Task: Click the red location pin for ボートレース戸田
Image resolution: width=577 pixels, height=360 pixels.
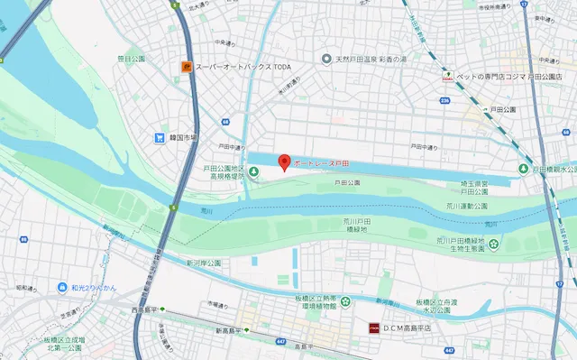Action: [285, 162]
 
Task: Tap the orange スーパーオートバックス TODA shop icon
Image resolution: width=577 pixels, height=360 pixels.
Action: [187, 67]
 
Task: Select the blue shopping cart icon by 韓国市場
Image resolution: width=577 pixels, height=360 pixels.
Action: [159, 138]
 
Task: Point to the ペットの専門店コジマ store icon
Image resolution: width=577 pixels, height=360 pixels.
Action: [446, 77]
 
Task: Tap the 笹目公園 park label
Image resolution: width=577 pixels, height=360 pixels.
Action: [131, 59]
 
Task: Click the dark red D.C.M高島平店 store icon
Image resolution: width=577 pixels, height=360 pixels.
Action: [371, 327]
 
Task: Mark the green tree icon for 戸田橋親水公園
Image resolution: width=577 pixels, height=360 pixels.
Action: [524, 169]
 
